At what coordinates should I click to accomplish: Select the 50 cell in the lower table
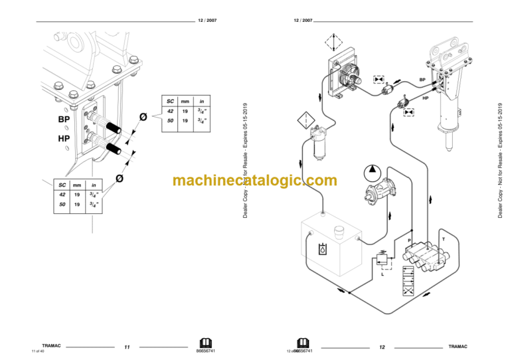(62, 205)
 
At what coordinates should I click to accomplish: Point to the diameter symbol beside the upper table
(142, 118)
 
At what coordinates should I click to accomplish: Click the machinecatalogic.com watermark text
(255, 180)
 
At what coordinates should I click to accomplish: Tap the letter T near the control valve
(443, 237)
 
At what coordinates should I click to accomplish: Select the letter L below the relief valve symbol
(382, 273)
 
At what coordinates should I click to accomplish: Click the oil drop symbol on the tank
(322, 250)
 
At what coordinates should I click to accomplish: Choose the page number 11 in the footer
(127, 347)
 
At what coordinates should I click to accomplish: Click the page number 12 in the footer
(382, 347)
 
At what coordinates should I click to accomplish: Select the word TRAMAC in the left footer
(52, 346)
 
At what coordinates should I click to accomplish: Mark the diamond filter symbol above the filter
(304, 121)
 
